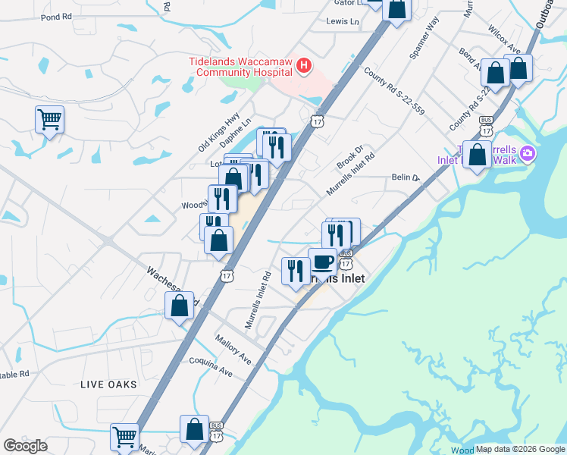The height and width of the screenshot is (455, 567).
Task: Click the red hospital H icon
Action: [304, 66]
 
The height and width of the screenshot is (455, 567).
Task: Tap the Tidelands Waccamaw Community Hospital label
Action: [240, 66]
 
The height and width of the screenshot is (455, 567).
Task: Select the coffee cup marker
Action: [323, 262]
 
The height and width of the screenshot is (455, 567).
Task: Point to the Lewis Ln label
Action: [342, 21]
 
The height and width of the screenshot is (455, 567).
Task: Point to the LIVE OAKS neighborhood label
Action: [109, 384]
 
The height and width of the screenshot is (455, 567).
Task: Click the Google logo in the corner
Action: [25, 446]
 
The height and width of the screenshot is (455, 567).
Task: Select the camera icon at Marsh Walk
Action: [529, 155]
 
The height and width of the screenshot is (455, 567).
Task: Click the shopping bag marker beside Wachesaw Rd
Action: [180, 306]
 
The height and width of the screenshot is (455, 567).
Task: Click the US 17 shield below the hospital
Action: [317, 121]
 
